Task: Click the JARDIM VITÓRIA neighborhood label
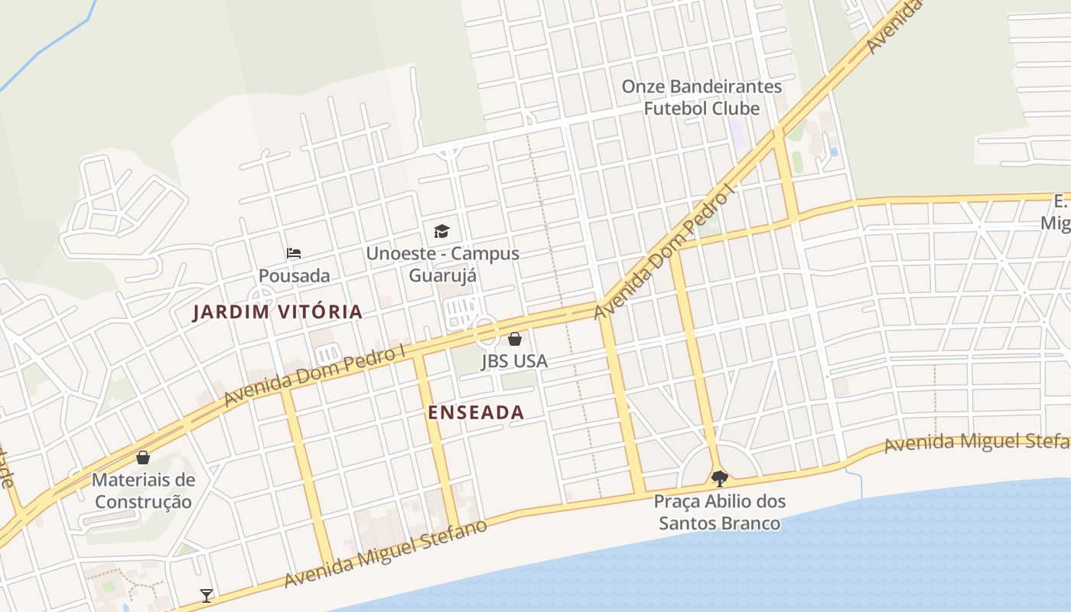pyautogui.click(x=277, y=312)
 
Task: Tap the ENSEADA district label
pyautogui.click(x=476, y=412)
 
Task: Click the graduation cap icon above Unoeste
pyautogui.click(x=441, y=231)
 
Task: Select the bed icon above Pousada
pyautogui.click(x=294, y=253)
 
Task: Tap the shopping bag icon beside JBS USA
pyautogui.click(x=515, y=338)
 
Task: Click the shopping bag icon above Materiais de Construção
pyautogui.click(x=143, y=457)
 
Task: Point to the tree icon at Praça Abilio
pyautogui.click(x=719, y=479)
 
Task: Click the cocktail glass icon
pyautogui.click(x=206, y=595)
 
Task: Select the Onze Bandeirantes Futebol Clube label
pyautogui.click(x=702, y=97)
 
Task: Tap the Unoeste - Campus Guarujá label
pyautogui.click(x=442, y=264)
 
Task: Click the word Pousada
pyautogui.click(x=294, y=275)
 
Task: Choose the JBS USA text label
pyautogui.click(x=514, y=360)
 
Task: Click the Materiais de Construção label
pyautogui.click(x=143, y=491)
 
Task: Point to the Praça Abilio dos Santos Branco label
pyautogui.click(x=719, y=513)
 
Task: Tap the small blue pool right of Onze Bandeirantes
pyautogui.click(x=833, y=152)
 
